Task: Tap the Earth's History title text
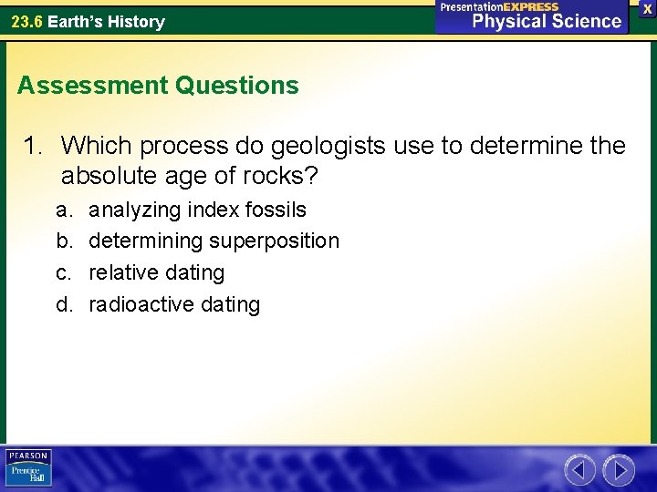point(106,22)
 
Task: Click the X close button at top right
point(647,8)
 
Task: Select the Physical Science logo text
point(547,22)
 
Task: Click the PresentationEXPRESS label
point(499,6)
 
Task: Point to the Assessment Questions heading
point(158,86)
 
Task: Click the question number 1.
point(35,145)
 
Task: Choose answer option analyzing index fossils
point(197,210)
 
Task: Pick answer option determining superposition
point(214,241)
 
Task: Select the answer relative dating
point(156,272)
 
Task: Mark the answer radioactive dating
point(173,304)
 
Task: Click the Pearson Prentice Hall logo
point(29,467)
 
